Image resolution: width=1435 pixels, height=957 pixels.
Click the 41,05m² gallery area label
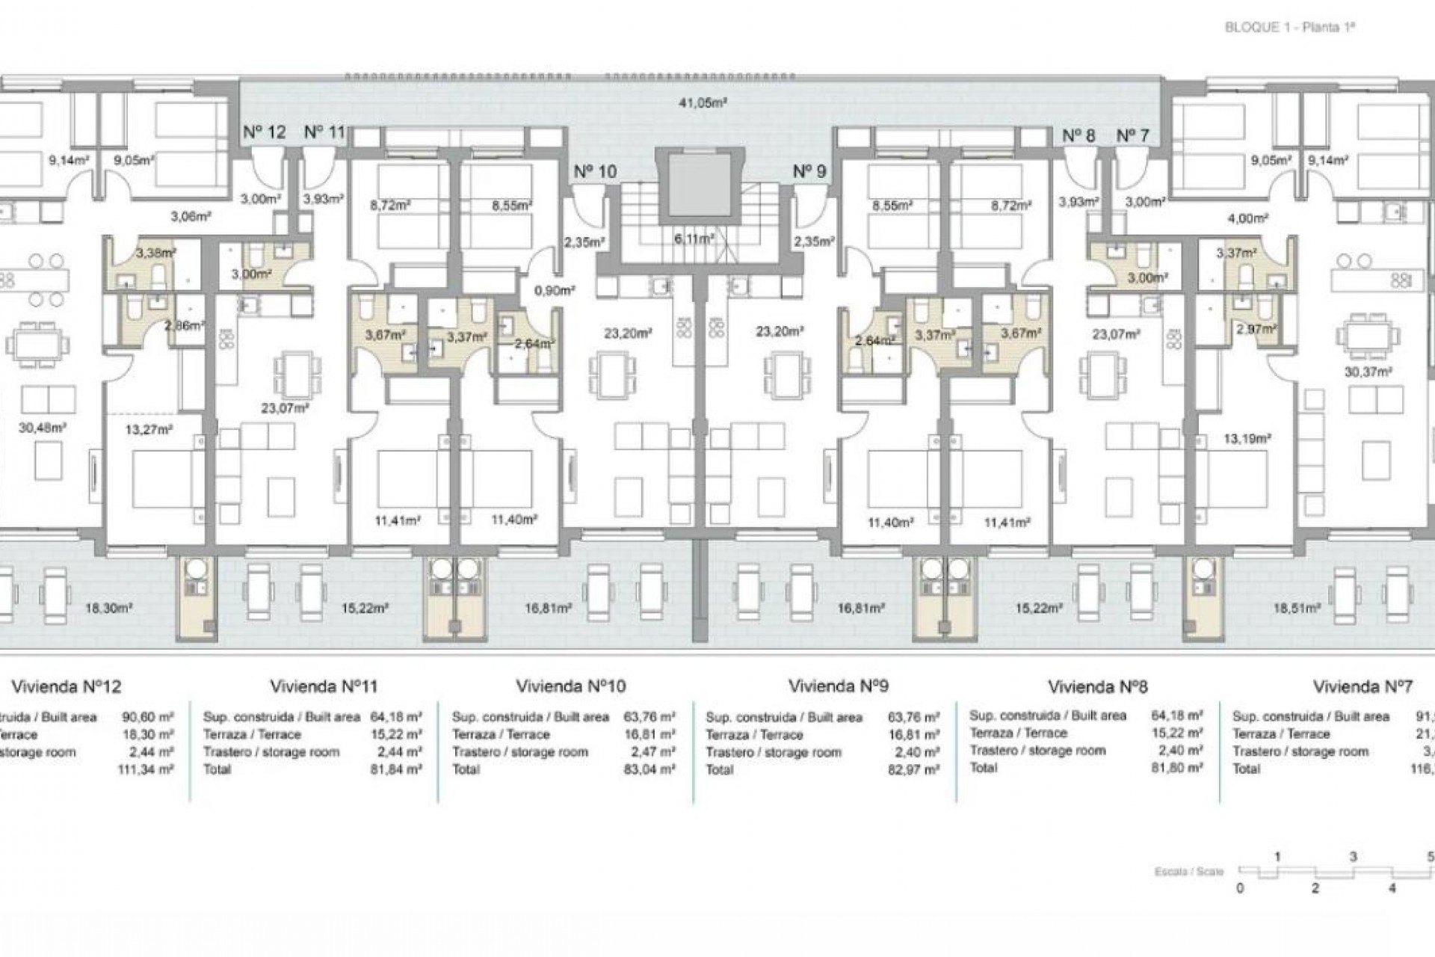point(703,103)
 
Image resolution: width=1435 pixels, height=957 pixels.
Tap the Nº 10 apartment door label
point(595,172)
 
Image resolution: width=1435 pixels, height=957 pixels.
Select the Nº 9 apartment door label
point(809,172)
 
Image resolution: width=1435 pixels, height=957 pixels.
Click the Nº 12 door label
point(265,133)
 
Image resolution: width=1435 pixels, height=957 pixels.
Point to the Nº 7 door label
point(1132,136)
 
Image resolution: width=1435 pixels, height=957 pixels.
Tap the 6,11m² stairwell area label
point(694,239)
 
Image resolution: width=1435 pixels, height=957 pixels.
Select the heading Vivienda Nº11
point(324,686)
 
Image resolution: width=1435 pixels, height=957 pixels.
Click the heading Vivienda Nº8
point(1097,686)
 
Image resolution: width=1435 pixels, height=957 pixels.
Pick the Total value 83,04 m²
point(649,769)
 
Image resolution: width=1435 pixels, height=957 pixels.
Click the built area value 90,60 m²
point(147,717)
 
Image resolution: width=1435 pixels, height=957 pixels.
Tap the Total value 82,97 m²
point(913,769)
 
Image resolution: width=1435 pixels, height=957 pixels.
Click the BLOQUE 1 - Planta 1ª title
point(1289,28)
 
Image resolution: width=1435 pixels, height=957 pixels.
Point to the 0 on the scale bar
point(1240,889)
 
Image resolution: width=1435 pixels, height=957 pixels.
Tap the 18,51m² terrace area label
point(1297,609)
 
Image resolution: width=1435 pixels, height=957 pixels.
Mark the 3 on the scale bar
point(1354,858)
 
